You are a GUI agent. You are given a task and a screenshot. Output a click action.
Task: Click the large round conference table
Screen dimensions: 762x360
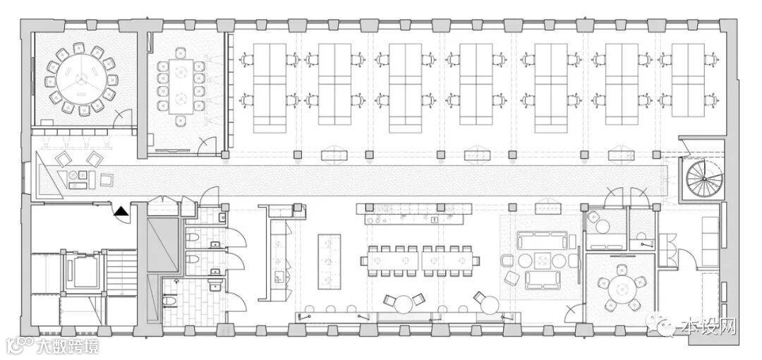click(x=79, y=78)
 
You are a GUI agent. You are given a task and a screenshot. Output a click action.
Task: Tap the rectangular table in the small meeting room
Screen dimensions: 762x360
click(x=182, y=86)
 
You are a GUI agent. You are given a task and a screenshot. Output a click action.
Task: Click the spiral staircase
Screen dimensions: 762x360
click(x=702, y=179)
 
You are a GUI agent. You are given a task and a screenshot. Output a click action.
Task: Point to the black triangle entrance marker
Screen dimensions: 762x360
click(x=121, y=210)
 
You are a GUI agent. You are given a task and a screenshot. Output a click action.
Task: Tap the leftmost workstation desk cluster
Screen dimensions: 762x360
click(x=270, y=88)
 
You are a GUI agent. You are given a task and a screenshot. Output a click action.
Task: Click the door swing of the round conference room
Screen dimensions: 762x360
click(x=123, y=117)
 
